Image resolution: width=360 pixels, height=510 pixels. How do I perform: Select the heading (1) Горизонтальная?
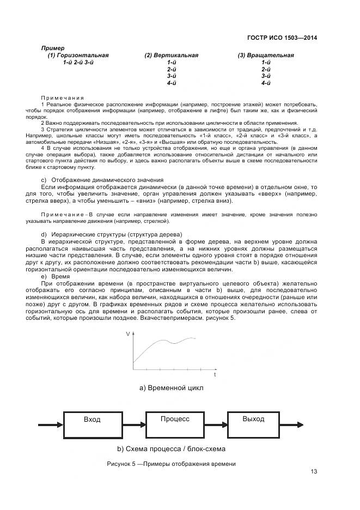(x=78, y=55)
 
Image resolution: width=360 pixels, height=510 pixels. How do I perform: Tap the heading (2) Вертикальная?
(x=171, y=55)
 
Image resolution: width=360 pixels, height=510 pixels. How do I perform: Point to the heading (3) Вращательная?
(x=266, y=55)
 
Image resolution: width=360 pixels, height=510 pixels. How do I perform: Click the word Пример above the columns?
(x=53, y=48)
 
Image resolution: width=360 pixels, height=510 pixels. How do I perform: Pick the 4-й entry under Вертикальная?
(x=171, y=83)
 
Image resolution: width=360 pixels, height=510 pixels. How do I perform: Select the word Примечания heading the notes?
(x=61, y=96)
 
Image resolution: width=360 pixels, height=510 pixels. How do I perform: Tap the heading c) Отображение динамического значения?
(x=102, y=180)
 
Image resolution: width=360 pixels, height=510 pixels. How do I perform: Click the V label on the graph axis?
(x=128, y=333)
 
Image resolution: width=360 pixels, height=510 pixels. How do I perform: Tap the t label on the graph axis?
(x=215, y=375)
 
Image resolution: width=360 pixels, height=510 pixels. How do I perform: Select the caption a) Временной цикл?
(x=171, y=388)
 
